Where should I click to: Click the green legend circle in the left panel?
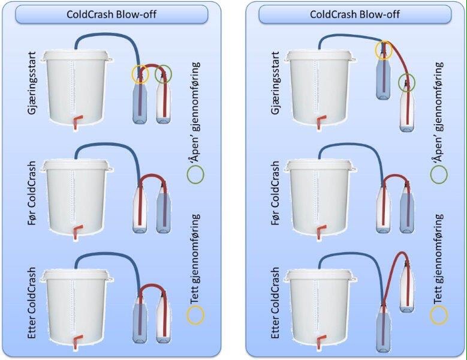pyautogui.click(x=195, y=173)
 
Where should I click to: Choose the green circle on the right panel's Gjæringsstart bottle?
pyautogui.click(x=408, y=81)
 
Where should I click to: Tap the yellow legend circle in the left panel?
pyautogui.click(x=195, y=314)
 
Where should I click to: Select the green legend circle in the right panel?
pyautogui.click(x=439, y=173)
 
